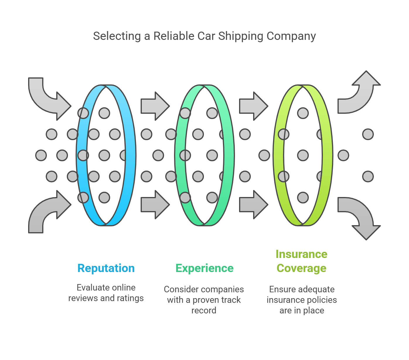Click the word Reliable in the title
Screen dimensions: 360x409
click(x=174, y=36)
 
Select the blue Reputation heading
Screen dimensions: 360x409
click(x=106, y=268)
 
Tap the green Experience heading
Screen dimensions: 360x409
click(x=205, y=268)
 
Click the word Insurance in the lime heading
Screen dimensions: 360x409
click(x=301, y=254)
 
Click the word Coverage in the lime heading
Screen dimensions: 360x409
click(x=301, y=268)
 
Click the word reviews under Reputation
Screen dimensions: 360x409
click(x=83, y=298)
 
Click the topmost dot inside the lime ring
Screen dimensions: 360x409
click(x=303, y=113)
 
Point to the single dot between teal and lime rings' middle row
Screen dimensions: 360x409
click(x=264, y=155)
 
